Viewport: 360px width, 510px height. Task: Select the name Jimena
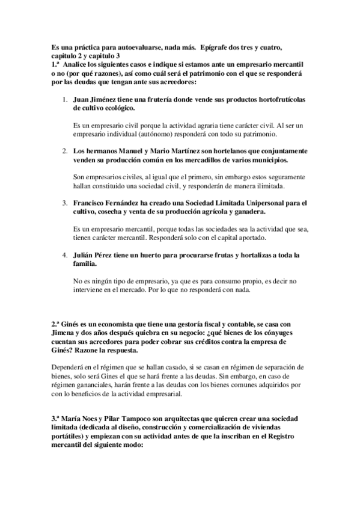tap(65, 332)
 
